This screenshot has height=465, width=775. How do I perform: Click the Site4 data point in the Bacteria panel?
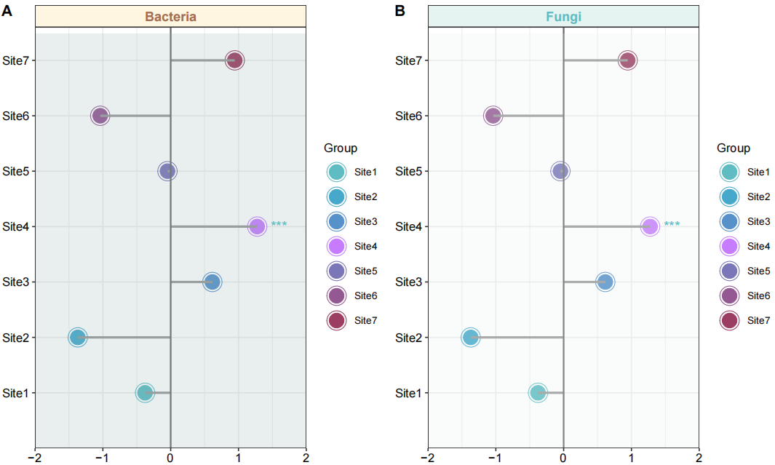coord(257,226)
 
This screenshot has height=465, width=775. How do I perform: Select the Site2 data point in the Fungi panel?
coord(471,337)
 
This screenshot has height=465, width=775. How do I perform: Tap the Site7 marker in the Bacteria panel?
coord(234,60)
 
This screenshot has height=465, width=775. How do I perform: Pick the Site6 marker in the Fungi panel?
coord(493,116)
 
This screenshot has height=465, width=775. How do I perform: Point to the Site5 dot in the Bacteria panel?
coord(167,171)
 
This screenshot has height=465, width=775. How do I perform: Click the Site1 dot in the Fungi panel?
coord(538,393)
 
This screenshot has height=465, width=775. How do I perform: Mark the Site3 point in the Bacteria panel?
coord(212,282)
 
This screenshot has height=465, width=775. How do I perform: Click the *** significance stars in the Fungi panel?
coord(672,225)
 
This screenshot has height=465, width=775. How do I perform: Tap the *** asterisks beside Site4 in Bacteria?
coord(279,225)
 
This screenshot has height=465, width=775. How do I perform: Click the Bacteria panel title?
coord(170,17)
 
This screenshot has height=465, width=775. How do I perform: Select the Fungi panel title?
coord(563,17)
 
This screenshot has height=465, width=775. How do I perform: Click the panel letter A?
coord(7,10)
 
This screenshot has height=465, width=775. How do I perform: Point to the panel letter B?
coord(400,10)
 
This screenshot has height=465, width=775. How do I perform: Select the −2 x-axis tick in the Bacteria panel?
coord(35,457)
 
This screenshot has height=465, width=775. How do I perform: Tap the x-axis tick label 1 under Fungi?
coord(631,457)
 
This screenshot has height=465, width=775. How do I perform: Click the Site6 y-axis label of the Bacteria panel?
coord(15,116)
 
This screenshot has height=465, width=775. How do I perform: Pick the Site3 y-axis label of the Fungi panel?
coord(408,282)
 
